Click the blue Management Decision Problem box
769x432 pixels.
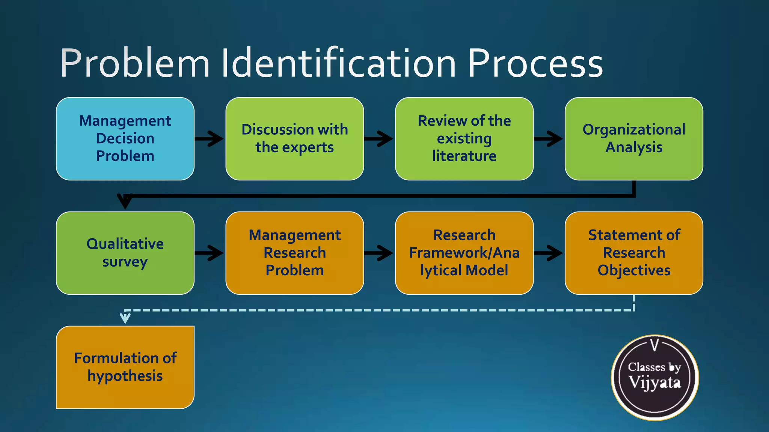(x=125, y=139)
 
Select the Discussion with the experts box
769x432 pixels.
(x=295, y=139)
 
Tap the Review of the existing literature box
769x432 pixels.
(x=464, y=139)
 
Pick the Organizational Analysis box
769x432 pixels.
(x=634, y=139)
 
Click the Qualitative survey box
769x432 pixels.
(x=125, y=253)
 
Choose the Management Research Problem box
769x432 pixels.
(x=295, y=253)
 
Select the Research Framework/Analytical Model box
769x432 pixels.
(x=464, y=253)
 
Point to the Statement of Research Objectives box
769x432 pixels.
(x=634, y=253)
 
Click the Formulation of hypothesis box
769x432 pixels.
(x=125, y=367)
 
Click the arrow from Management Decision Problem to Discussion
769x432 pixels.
(x=210, y=139)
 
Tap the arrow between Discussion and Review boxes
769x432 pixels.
(x=379, y=139)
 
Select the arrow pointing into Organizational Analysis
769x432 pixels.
(x=549, y=139)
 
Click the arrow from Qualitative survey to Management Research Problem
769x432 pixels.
(x=210, y=253)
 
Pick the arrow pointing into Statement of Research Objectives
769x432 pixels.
(x=549, y=253)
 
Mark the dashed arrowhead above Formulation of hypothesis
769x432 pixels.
(x=125, y=318)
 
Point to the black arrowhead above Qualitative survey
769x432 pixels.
(x=125, y=201)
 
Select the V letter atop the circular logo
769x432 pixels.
(x=654, y=345)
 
